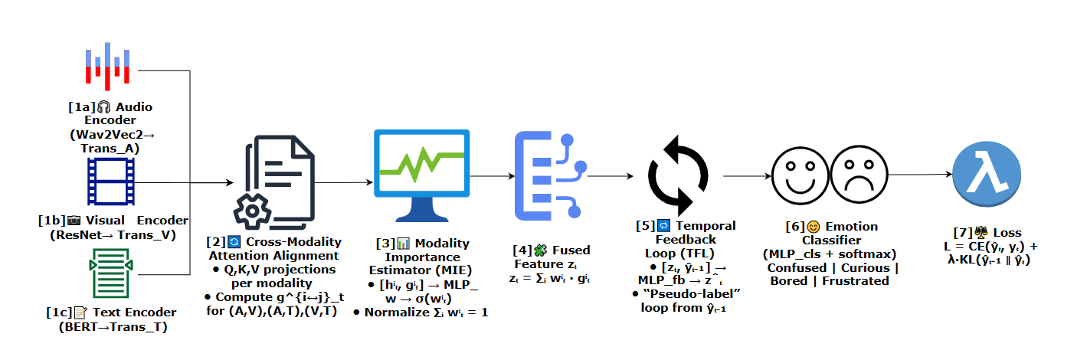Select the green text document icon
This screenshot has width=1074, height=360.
pos(108,273)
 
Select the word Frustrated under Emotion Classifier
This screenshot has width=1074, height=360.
pos(857,280)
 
